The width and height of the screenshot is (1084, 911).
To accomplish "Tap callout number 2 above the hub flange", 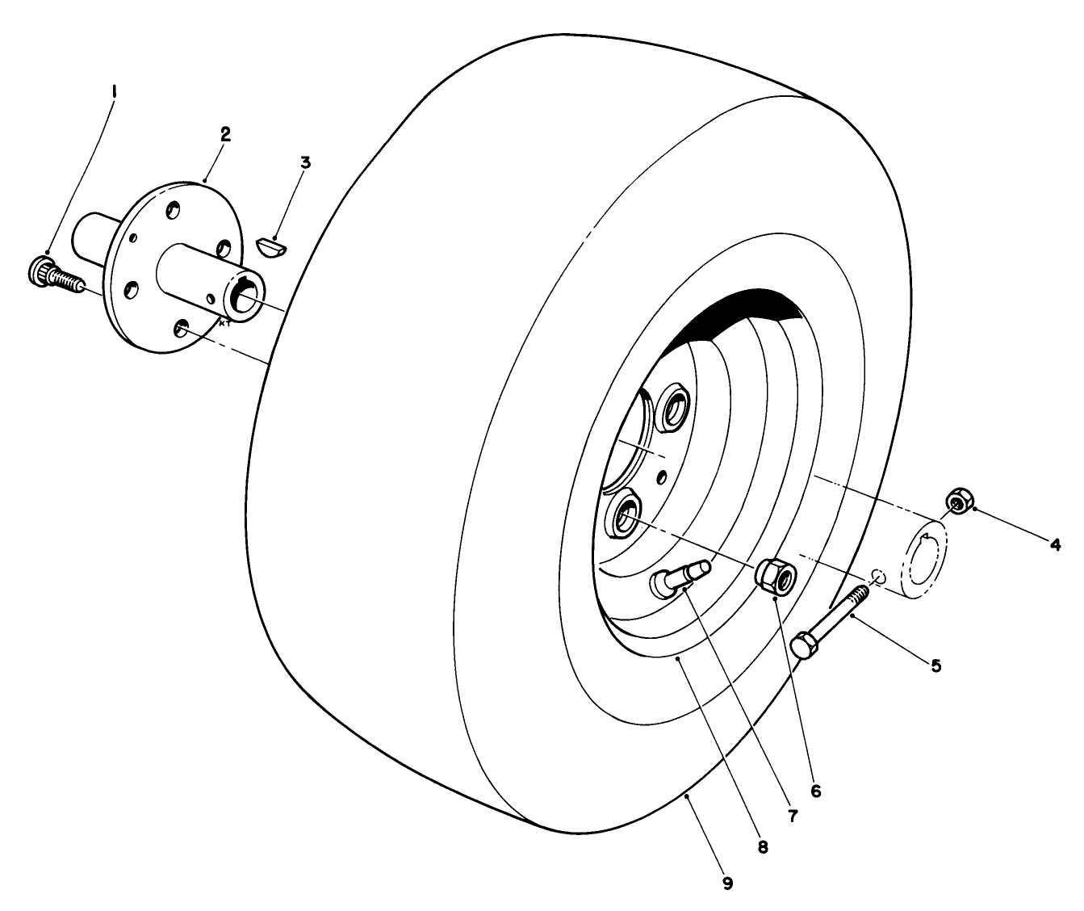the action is point(225,135).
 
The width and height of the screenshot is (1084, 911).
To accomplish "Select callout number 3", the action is point(305,162).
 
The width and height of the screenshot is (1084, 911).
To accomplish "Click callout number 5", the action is point(935,665).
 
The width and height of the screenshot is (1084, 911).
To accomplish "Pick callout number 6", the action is point(815,791).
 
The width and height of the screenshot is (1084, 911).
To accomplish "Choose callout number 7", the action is point(792,817).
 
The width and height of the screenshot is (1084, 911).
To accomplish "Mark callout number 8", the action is point(764,848).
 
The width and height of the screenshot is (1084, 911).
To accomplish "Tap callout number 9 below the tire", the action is point(727,884).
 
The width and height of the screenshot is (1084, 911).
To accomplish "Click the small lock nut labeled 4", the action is point(956,502).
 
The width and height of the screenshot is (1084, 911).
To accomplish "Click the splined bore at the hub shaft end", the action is point(243,296).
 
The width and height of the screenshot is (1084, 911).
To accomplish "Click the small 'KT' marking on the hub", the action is point(224,323).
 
